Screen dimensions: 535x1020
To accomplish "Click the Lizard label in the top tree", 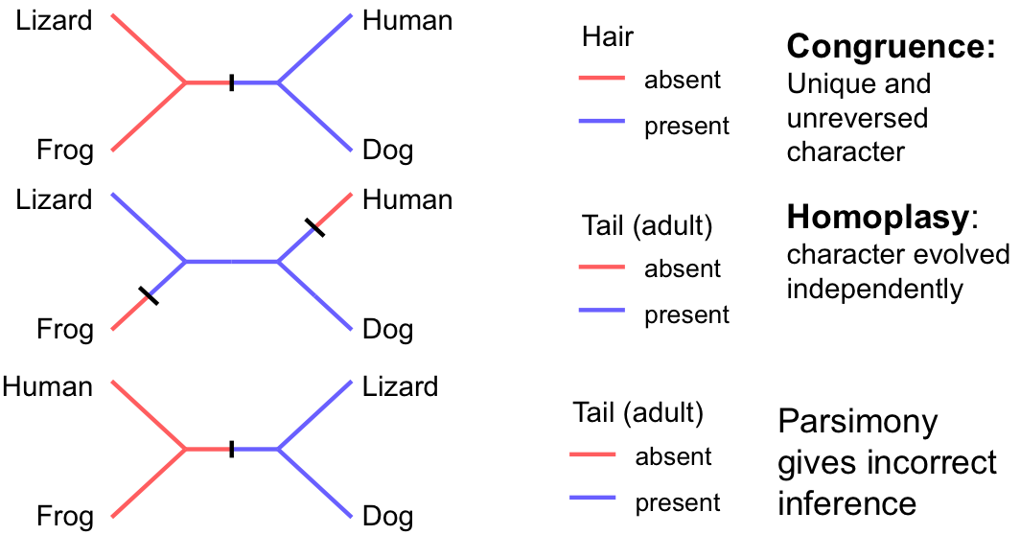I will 54,20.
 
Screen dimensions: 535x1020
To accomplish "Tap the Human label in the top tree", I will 407,20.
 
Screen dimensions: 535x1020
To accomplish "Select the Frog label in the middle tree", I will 65,330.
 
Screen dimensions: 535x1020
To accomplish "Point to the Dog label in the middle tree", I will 388,330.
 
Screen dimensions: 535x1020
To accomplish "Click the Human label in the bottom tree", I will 48,387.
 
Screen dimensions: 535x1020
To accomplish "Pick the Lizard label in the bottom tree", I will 400,387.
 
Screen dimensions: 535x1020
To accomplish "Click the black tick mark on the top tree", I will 231,82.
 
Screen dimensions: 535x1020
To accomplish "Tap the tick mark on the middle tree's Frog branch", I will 149,296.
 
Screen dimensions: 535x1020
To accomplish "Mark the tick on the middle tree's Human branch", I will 314,227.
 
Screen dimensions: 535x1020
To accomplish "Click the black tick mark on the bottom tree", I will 231,449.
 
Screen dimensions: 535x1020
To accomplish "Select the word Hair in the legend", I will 608,37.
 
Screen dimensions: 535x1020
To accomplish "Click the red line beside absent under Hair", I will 602,79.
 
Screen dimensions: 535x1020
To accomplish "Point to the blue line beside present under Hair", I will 602,124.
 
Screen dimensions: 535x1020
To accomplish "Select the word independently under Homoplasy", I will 875,289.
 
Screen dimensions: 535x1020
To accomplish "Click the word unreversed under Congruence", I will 858,118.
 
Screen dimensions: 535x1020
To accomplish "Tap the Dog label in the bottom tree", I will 388,518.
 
